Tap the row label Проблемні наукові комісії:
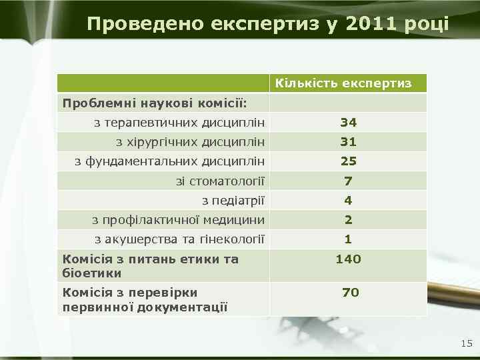[154, 103]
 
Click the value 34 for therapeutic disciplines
[348, 123]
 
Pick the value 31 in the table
[348, 142]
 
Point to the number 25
[348, 161]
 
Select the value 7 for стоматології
[348, 181]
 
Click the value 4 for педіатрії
[348, 201]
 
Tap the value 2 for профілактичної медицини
[348, 220]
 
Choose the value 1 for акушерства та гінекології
[348, 239]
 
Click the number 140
[348, 259]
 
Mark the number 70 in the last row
[351, 293]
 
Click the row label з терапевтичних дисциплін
[179, 123]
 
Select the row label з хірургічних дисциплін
[190, 142]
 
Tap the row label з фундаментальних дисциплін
[169, 161]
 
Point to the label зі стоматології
[220, 181]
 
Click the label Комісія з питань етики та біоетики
[150, 266]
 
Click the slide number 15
[466, 343]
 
